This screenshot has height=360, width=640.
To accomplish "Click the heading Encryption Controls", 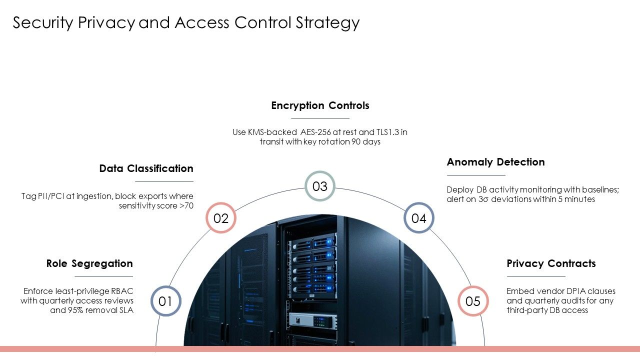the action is [320, 105].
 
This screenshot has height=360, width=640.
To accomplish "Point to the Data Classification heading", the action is [146, 168].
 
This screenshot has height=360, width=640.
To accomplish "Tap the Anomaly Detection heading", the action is [495, 162].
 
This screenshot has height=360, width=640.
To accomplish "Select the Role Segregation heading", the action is [89, 263].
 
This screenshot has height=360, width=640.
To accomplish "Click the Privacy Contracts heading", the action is [551, 263].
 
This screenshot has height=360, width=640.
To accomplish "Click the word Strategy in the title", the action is [327, 23].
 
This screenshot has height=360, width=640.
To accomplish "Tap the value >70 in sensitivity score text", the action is [186, 205].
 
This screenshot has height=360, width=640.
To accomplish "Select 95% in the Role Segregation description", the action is [75, 310].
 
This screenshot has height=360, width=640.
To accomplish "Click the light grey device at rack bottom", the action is [313, 320].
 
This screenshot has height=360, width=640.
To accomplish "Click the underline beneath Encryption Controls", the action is [320, 118].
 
